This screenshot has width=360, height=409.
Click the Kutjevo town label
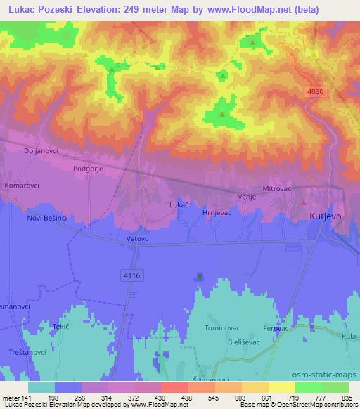[x=326, y=217]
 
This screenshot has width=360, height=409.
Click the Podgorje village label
[x=89, y=169]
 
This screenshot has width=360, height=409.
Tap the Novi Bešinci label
[x=46, y=219]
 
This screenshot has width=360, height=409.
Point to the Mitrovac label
[x=276, y=189]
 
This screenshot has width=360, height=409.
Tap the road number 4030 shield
[x=316, y=91]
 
